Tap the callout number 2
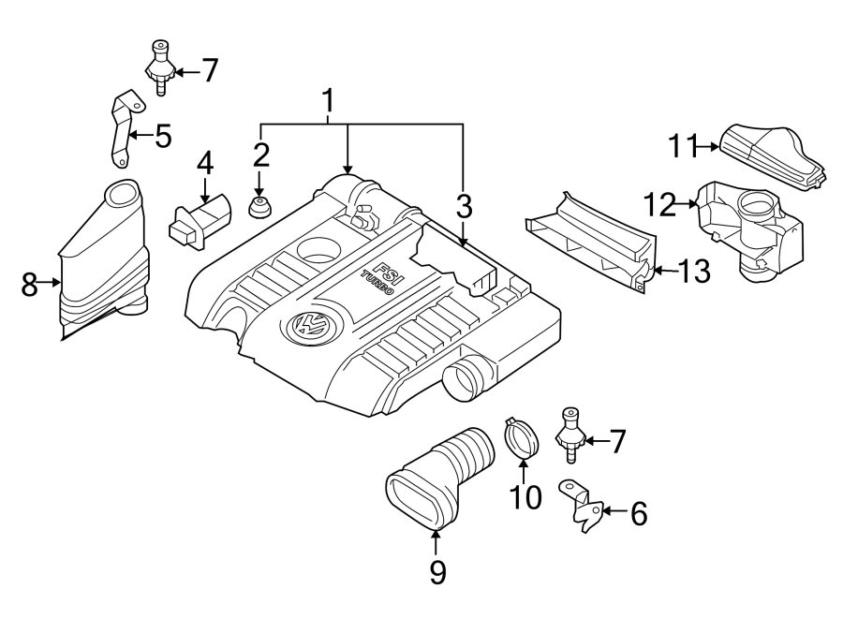pyautogui.click(x=260, y=155)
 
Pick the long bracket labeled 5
pyautogui.click(x=119, y=128)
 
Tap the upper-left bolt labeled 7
pyautogui.click(x=161, y=66)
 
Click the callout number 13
pyautogui.click(x=693, y=273)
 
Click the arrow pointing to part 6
pyautogui.click(x=613, y=510)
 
